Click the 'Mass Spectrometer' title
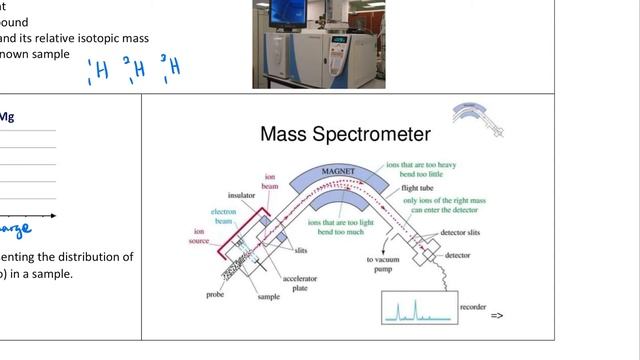click(345, 134)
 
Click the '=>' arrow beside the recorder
click(497, 316)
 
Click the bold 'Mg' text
click(6, 117)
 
